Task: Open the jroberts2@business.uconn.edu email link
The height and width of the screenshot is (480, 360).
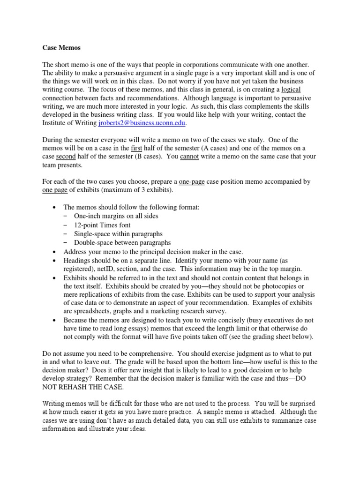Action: (142, 123)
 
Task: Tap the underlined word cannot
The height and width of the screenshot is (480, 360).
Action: (189, 157)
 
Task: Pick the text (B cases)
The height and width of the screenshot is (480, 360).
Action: (153, 157)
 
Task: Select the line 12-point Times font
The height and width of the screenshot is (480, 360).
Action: (102, 225)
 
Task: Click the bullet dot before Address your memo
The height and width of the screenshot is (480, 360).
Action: (56, 252)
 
